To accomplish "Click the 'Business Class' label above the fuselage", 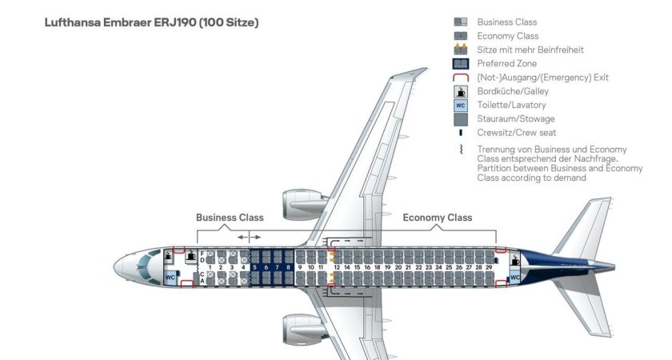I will coord(230,218).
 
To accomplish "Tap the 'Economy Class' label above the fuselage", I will coord(437,218).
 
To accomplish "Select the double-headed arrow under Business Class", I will coord(249,237).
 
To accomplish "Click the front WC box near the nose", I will coord(170,277).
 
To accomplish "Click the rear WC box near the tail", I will coord(515,278).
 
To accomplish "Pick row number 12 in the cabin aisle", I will coord(337,267).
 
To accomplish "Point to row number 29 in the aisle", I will coord(489,267).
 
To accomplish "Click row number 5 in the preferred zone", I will coord(255,267).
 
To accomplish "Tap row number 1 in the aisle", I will coord(210,267).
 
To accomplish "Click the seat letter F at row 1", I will coord(202,254).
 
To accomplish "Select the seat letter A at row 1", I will coord(202,281).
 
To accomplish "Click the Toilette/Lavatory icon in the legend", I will coord(460,105).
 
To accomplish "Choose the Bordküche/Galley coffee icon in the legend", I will coord(460,91).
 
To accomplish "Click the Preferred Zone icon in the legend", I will coord(460,63).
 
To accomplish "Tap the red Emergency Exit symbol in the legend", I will coord(460,78).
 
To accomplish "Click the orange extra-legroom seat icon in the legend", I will coord(460,50).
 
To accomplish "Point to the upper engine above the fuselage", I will coord(302,204).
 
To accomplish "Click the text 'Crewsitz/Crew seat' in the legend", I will coord(516,133).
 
